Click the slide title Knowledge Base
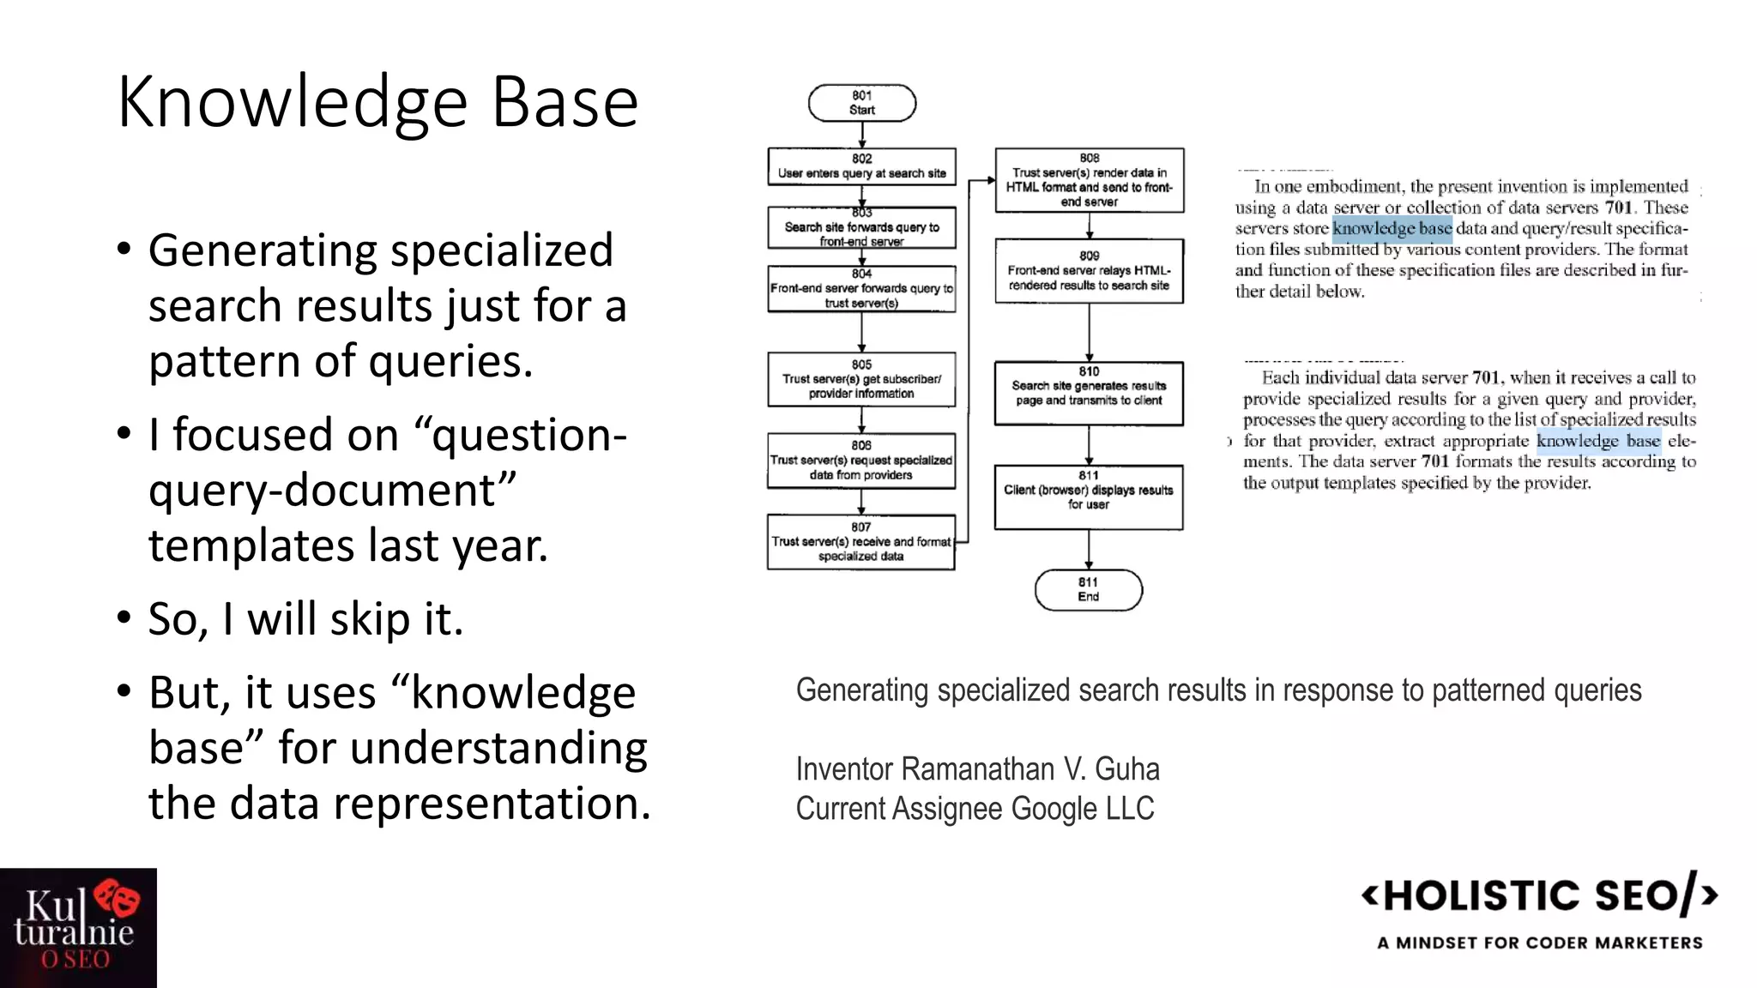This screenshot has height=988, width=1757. click(x=377, y=102)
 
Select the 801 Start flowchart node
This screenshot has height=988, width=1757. click(x=861, y=103)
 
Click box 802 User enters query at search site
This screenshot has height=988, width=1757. click(x=861, y=166)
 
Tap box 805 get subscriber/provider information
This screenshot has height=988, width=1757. click(x=861, y=379)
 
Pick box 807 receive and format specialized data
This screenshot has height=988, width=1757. click(x=861, y=542)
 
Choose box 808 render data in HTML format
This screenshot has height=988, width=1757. click(x=1089, y=180)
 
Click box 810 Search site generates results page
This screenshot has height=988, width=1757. click(x=1089, y=393)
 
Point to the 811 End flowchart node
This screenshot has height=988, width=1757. click(x=1088, y=589)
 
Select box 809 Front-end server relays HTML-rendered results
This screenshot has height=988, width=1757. click(x=1089, y=271)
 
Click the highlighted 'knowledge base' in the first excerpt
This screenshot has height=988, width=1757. click(x=1392, y=228)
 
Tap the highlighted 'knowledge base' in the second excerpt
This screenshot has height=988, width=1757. click(x=1598, y=441)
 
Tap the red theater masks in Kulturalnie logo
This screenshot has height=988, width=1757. click(x=118, y=900)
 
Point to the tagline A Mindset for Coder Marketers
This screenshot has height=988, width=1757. click(x=1539, y=943)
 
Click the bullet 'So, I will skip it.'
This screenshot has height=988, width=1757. click(x=305, y=619)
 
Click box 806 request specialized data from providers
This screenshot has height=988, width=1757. click(x=861, y=461)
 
